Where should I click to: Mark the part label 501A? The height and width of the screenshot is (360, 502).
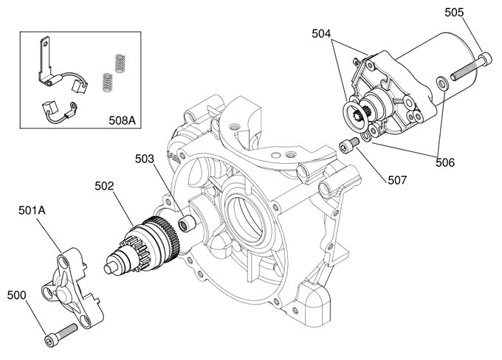tap(32, 210)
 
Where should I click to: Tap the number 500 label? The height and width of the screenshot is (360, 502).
tap(17, 295)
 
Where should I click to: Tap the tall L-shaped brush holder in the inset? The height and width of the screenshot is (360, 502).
tap(46, 59)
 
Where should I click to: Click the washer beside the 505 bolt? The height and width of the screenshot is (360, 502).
tap(441, 83)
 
